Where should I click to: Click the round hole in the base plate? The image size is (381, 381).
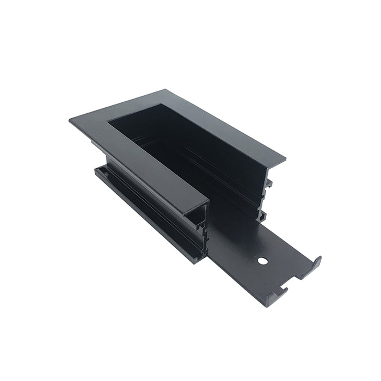click(x=263, y=261)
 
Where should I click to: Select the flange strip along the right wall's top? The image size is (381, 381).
click(x=229, y=131)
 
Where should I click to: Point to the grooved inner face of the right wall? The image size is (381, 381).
click(x=218, y=163)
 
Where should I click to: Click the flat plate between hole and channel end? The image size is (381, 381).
click(x=234, y=239)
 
